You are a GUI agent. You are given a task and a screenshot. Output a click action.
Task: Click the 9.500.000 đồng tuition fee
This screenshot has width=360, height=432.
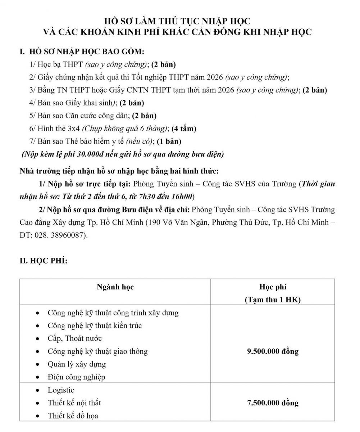[273, 351]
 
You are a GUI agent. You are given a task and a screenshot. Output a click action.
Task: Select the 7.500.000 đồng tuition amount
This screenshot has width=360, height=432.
[273, 403]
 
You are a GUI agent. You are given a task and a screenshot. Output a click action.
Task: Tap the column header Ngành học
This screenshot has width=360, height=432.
[115, 287]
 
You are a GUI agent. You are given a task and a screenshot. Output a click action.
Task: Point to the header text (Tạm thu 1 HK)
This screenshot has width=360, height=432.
[273, 300]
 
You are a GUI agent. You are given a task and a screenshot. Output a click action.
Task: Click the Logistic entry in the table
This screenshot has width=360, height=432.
[61, 390]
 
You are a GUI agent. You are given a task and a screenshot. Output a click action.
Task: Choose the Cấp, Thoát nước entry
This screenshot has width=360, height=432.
[75, 338]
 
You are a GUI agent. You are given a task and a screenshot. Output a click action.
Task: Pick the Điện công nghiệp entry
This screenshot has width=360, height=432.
[77, 377]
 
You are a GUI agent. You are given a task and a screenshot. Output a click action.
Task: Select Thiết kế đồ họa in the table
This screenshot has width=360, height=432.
[73, 416]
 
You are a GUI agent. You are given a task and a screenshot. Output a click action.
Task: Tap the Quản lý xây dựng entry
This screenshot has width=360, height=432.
[77, 364]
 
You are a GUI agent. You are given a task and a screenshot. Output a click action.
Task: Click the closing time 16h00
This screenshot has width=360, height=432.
[183, 197]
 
